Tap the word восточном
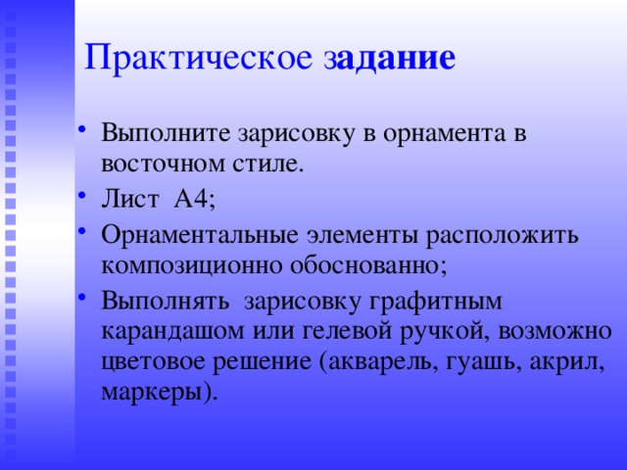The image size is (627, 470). pyautogui.click(x=158, y=163)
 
